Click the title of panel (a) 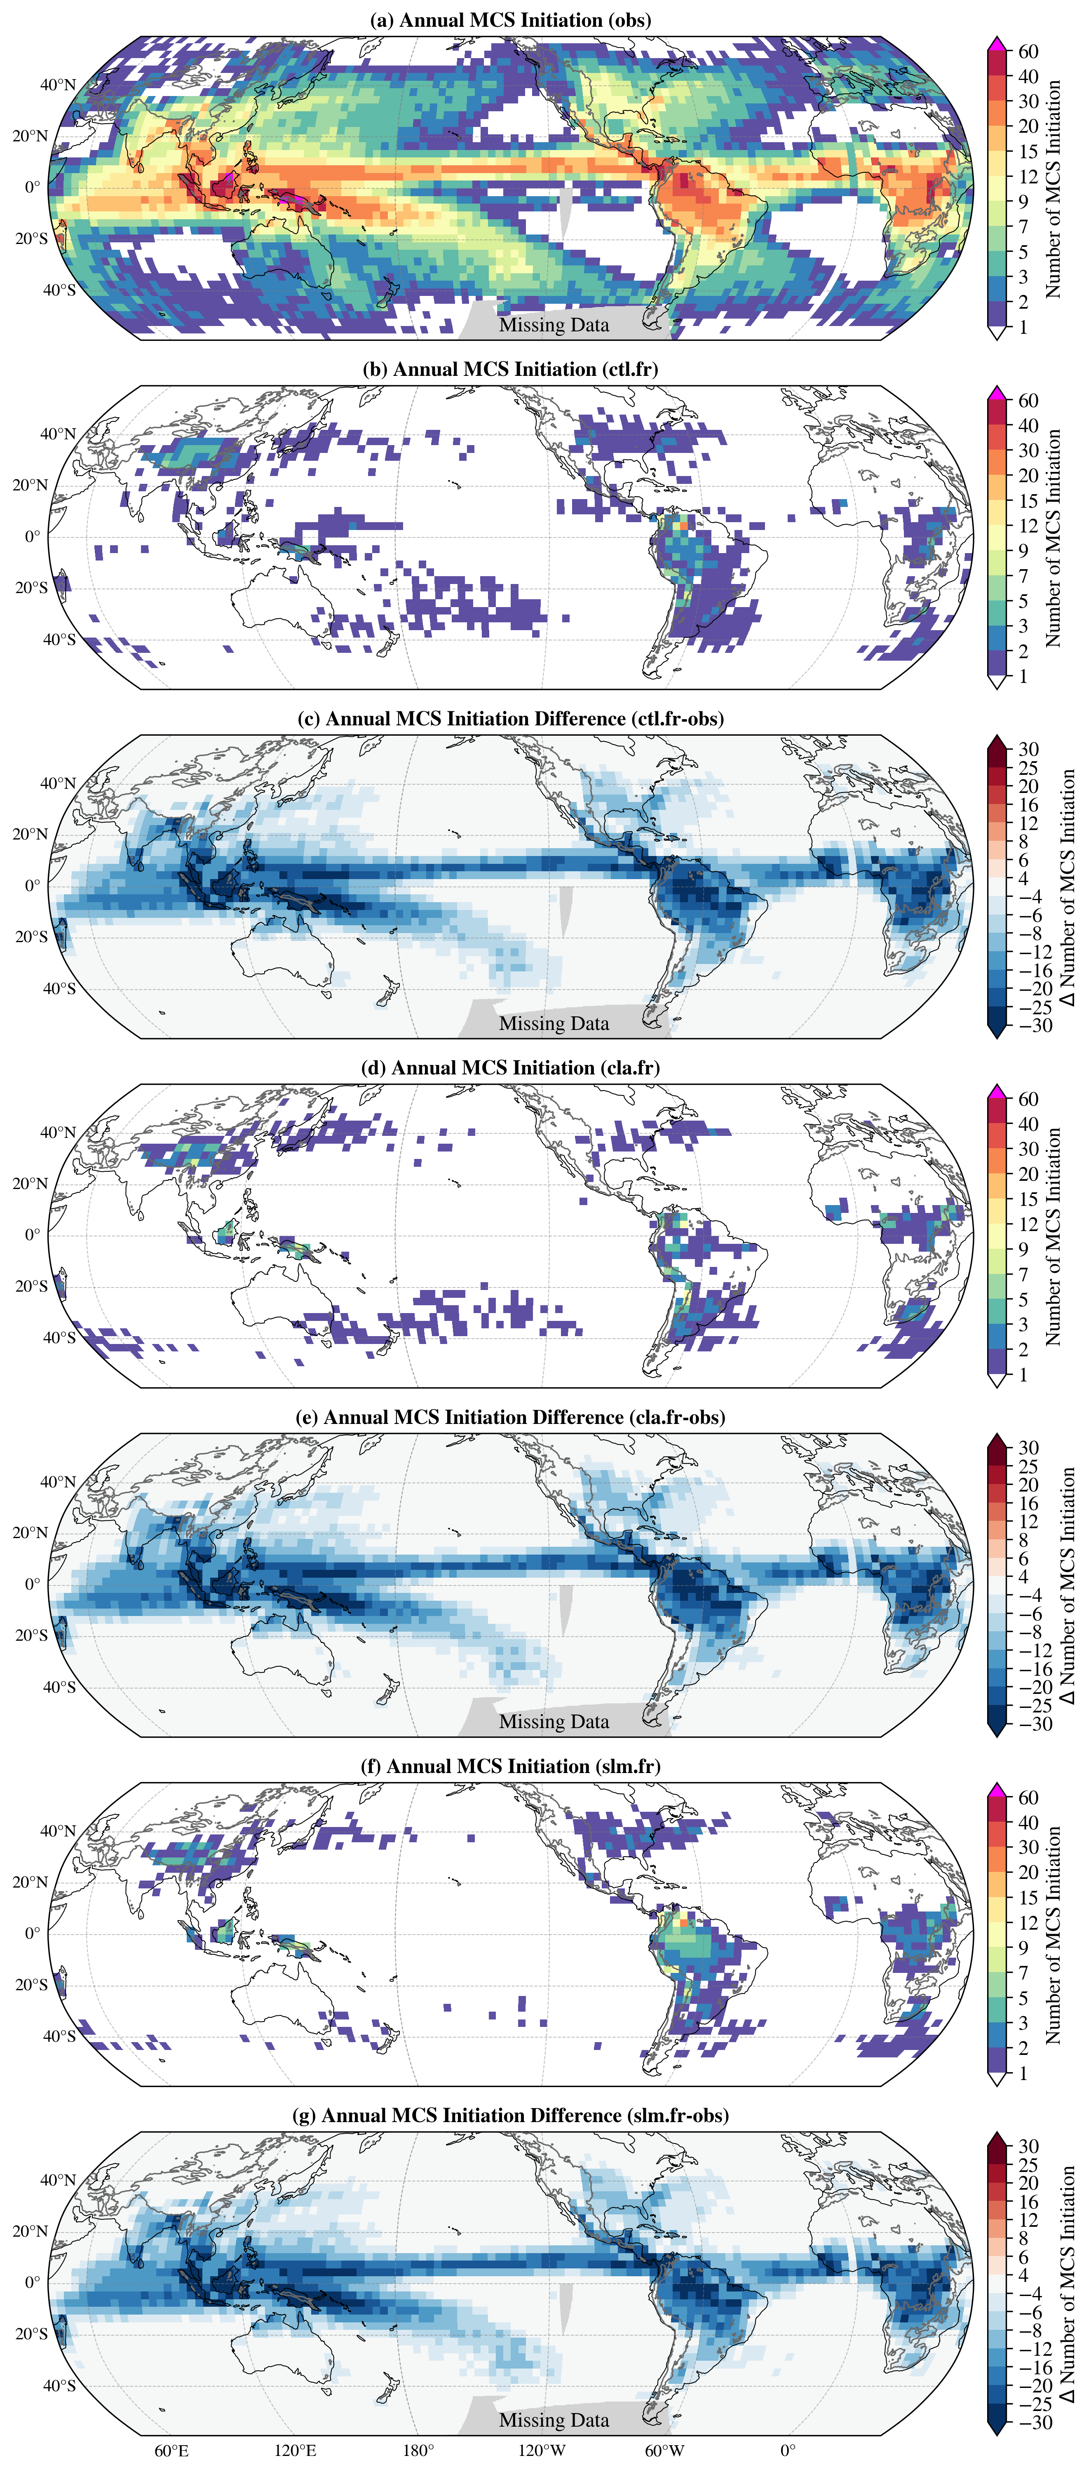(x=511, y=20)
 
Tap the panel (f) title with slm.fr (x=511, y=1767)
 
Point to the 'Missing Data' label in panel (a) (x=554, y=325)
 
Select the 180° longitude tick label (x=418, y=2451)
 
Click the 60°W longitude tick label (x=665, y=2451)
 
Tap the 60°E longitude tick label (x=172, y=2451)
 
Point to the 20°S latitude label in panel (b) (x=32, y=587)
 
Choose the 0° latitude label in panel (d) (x=33, y=1235)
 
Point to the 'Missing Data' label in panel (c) (x=554, y=1024)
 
